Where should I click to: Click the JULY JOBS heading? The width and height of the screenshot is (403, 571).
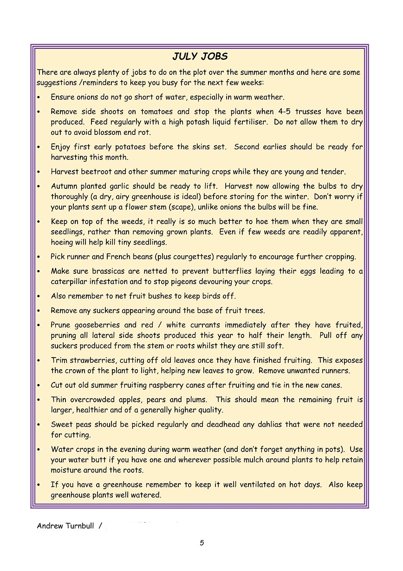(200, 57)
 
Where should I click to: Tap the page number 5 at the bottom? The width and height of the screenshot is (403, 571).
(202, 543)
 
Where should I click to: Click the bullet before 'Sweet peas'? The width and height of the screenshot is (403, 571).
(39, 425)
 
